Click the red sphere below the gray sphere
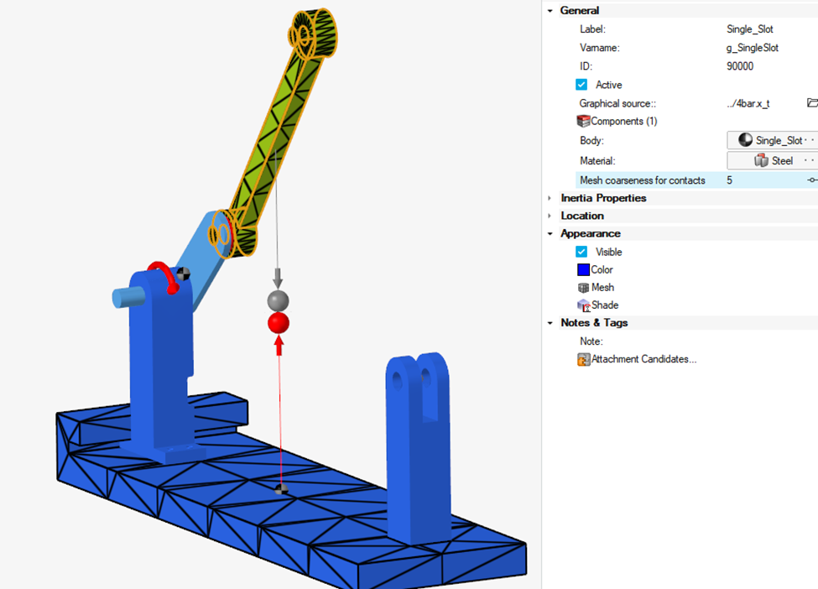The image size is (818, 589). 279,323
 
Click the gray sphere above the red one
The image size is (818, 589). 278,300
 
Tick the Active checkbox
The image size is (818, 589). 581,85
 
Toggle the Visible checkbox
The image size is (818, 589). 581,252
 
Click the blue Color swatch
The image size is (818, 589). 583,269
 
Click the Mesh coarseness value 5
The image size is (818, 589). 729,180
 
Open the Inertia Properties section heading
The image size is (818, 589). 603,198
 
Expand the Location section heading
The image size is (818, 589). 582,216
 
